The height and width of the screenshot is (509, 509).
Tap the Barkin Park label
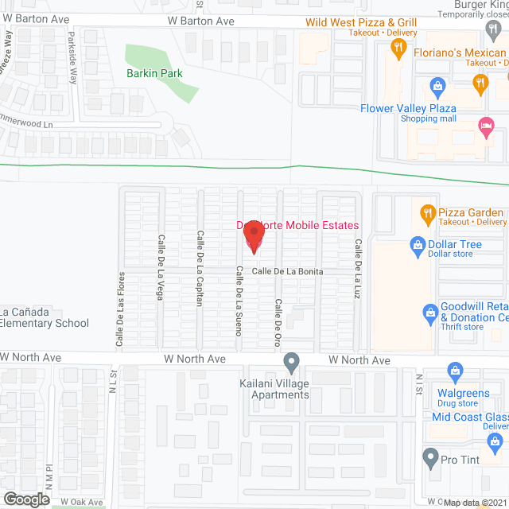tap(154, 74)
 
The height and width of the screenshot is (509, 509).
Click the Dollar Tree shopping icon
tap(415, 246)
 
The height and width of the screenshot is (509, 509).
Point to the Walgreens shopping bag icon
tap(455, 371)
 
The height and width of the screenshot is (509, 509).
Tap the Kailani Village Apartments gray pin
tap(292, 363)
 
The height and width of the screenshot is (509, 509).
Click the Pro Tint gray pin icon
tap(430, 458)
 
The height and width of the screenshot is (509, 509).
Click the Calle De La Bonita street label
tap(287, 272)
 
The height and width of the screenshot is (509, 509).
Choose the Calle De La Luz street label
tap(358, 270)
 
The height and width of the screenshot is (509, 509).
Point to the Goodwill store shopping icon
tap(430, 311)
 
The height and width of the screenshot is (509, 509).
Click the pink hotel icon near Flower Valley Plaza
tap(485, 125)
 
